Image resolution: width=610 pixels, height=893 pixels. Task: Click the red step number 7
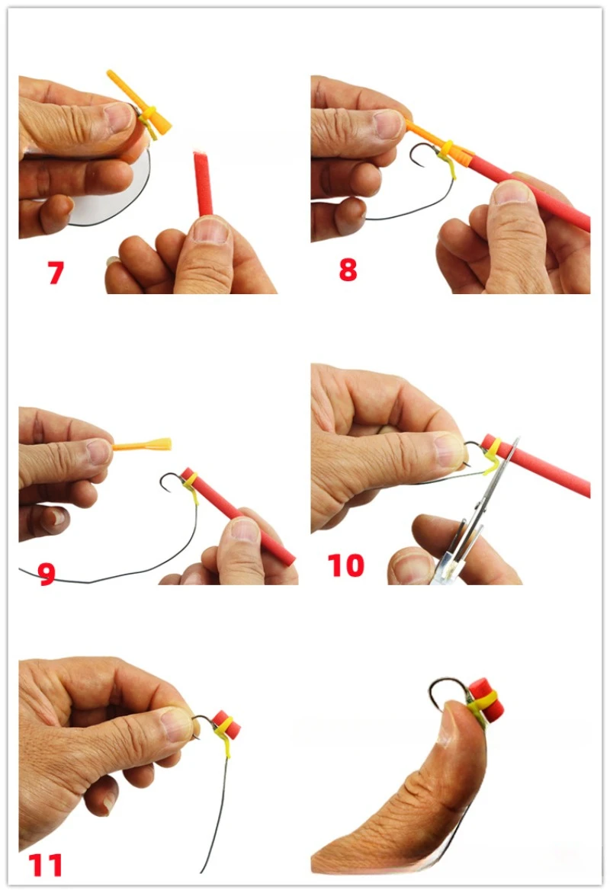(x=56, y=272)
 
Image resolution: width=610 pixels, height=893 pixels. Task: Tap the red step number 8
(x=348, y=270)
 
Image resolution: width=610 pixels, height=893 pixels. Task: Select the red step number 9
(x=47, y=574)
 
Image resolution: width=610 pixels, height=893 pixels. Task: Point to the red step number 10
(x=345, y=565)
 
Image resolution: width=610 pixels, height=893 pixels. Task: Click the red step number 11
(x=45, y=866)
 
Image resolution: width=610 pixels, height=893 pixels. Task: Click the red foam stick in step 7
(x=203, y=183)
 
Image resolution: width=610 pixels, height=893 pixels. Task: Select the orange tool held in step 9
(x=143, y=445)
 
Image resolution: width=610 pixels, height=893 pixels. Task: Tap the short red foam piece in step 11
(x=227, y=725)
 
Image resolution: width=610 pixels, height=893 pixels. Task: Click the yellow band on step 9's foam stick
(x=191, y=483)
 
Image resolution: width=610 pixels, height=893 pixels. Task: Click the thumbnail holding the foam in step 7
(x=210, y=228)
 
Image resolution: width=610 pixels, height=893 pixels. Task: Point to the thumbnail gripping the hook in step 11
(x=175, y=724)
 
